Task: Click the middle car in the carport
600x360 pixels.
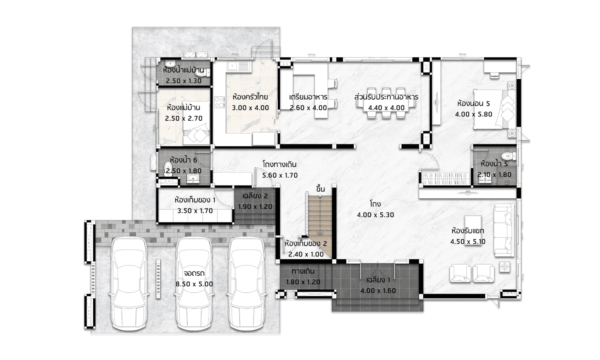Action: (x=194, y=284)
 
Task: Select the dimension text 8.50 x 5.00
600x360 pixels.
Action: (x=194, y=284)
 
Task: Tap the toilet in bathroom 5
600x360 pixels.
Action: (x=509, y=156)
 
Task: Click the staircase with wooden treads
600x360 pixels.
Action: (x=320, y=227)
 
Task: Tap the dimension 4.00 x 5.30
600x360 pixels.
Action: (x=375, y=215)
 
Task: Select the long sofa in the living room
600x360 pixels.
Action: (x=504, y=230)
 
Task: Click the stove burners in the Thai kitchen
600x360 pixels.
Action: (x=219, y=102)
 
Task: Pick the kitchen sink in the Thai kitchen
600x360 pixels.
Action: (x=238, y=66)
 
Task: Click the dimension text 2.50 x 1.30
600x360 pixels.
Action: (x=184, y=81)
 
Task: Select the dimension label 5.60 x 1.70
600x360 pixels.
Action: (x=280, y=176)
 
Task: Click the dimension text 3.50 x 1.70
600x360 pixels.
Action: (x=195, y=211)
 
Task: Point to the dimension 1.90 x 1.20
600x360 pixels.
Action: (x=255, y=207)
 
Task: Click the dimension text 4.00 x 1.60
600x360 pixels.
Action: (x=378, y=291)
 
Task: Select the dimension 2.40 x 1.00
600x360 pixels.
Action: (x=306, y=254)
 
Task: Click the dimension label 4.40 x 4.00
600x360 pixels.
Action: (x=386, y=108)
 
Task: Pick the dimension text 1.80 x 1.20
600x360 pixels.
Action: (x=303, y=282)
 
